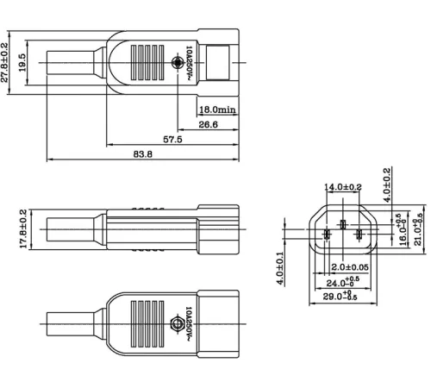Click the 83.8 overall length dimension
pyautogui.click(x=143, y=154)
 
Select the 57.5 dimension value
pyautogui.click(x=172, y=138)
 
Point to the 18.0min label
pyautogui.click(x=217, y=110)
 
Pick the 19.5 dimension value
pyautogui.click(x=24, y=62)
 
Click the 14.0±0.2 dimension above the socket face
pyautogui.click(x=343, y=187)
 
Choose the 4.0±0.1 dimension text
pyautogui.click(x=281, y=269)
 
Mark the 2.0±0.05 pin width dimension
pyautogui.click(x=350, y=267)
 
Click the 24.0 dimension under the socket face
pyautogui.click(x=344, y=281)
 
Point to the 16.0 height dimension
pyautogui.click(x=402, y=231)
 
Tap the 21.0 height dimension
pyautogui.click(x=417, y=231)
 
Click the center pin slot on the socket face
pyautogui.click(x=342, y=226)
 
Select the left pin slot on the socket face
pyautogui.click(x=327, y=234)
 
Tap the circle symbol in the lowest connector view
pyautogui.click(x=179, y=327)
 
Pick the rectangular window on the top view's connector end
pyautogui.click(x=222, y=63)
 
